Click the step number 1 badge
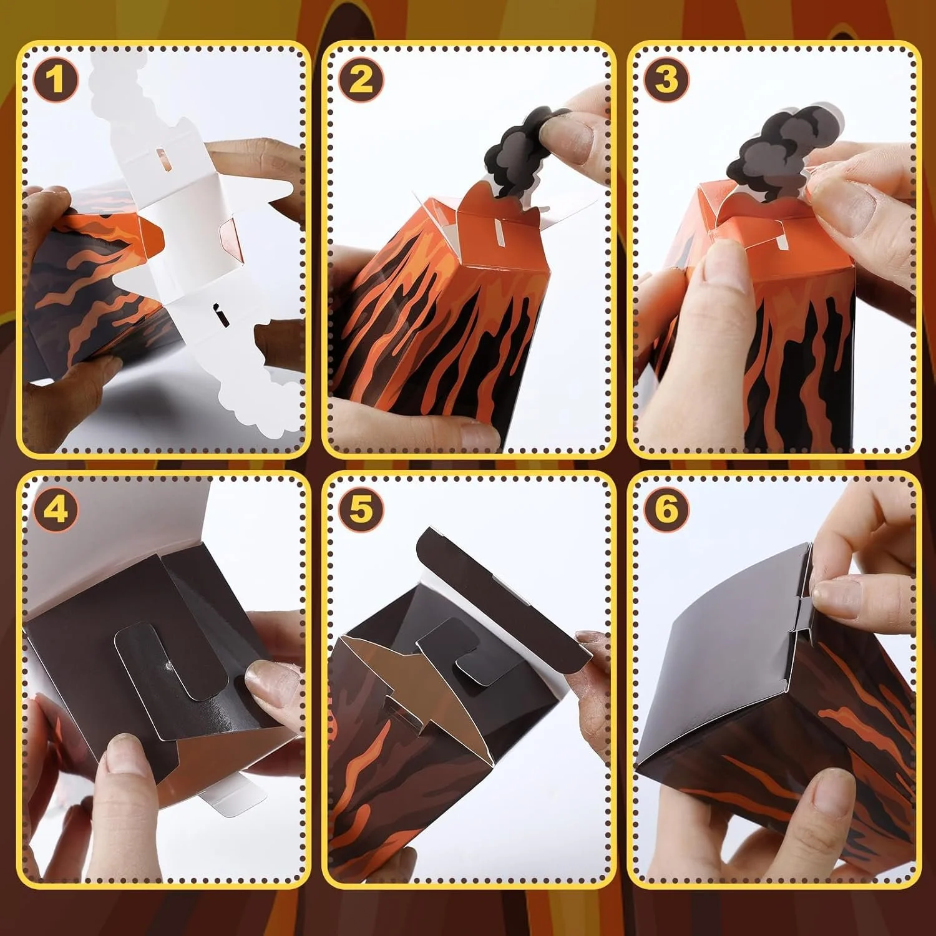57,80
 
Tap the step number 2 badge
361,80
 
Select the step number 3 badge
666,80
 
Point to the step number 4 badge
57,510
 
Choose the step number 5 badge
361,510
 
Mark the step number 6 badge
666,510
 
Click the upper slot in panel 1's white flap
161,156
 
